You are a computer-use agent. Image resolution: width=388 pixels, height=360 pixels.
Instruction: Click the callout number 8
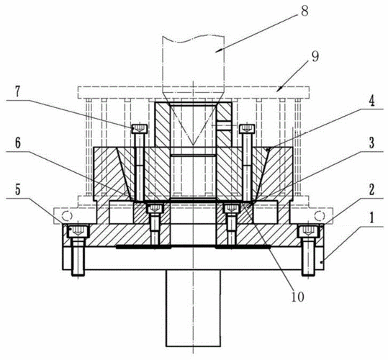tap(304, 11)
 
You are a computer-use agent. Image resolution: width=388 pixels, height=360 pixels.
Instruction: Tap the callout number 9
tap(315, 57)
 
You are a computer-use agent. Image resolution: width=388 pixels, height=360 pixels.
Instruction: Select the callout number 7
tap(17, 92)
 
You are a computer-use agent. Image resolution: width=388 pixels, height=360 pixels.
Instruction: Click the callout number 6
tap(17, 144)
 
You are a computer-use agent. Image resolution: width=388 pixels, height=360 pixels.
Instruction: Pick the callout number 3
tap(371, 143)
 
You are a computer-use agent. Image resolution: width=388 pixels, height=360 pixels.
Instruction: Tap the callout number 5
tap(17, 190)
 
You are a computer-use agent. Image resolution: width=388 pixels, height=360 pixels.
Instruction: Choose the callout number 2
tap(372, 189)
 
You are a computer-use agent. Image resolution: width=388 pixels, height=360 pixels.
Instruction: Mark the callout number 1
tap(371, 218)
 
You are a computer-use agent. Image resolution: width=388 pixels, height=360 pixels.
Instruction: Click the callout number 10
tap(297, 297)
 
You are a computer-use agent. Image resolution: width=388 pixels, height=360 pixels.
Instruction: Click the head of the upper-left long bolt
tap(140, 129)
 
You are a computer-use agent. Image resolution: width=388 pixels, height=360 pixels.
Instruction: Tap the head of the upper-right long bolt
tap(247, 129)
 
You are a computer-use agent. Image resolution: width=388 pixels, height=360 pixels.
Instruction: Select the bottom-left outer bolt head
tap(78, 231)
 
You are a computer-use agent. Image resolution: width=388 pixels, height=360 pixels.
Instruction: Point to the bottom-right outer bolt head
tap(308, 231)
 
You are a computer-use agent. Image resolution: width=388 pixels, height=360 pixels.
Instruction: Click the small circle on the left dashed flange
tap(67, 216)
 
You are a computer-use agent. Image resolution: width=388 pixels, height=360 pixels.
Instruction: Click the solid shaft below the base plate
tap(193, 308)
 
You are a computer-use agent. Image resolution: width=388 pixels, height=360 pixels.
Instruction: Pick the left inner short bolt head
tap(155, 208)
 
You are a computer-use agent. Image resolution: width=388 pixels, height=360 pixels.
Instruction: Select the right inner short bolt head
tap(232, 208)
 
